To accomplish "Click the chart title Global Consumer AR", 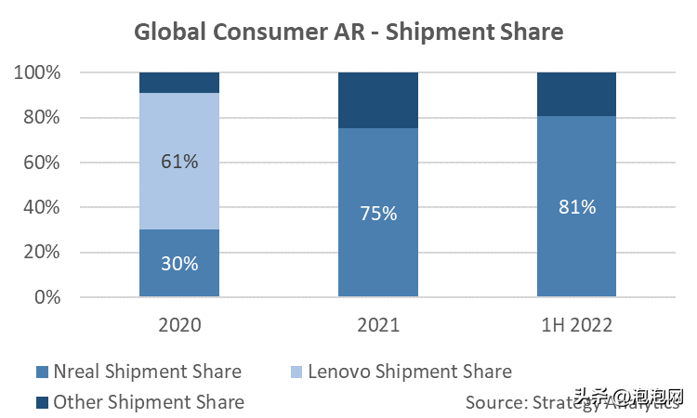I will (348, 32).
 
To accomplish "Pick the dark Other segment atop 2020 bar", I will (179, 83).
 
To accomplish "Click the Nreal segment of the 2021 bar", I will (377, 242).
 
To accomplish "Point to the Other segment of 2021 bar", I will (377, 100).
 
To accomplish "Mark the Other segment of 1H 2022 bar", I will (576, 94).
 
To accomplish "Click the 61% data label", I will (179, 162).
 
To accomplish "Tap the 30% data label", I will (179, 264).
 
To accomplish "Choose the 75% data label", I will (377, 214).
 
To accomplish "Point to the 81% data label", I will (576, 207).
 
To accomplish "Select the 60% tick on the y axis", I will (40, 163).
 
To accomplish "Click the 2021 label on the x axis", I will (377, 326).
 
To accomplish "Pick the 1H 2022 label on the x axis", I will (576, 326).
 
